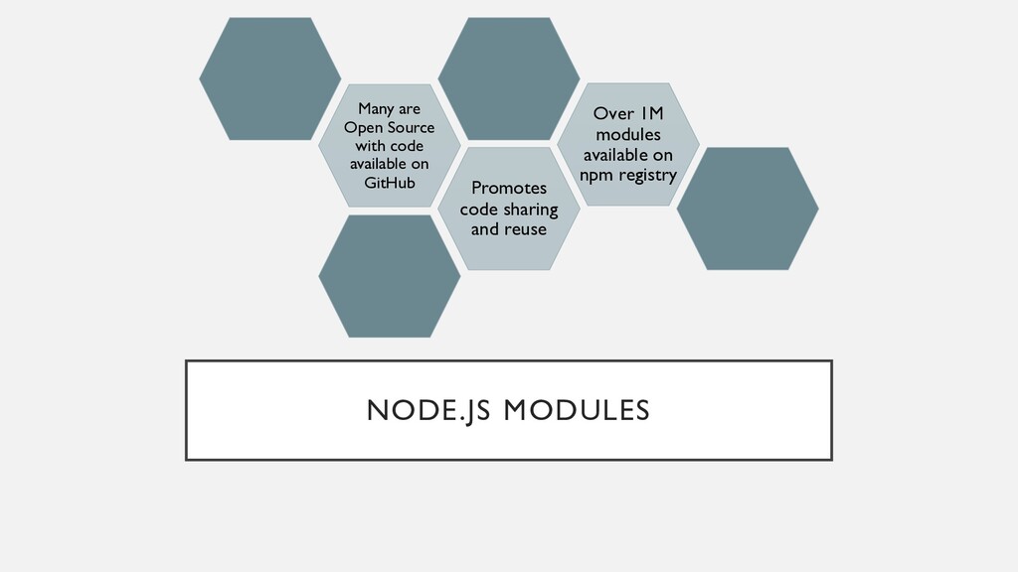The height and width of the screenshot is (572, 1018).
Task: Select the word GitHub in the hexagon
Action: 389,183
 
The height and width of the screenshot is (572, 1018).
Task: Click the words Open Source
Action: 389,127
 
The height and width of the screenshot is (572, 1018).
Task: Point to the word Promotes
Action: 508,188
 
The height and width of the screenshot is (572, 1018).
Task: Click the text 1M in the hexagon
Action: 651,113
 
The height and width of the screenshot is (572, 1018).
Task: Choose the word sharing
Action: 531,209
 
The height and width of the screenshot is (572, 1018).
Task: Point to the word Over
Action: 613,113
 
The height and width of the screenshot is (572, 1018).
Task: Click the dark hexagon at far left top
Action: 269,77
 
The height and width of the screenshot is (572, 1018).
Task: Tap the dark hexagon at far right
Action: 747,209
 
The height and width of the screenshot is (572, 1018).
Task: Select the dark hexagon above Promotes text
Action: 508,77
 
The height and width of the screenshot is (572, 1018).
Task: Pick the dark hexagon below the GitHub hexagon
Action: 389,276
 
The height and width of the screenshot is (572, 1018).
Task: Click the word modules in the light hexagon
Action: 627,134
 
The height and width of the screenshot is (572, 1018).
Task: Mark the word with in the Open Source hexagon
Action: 370,146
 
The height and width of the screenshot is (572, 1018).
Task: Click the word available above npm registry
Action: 627,155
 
